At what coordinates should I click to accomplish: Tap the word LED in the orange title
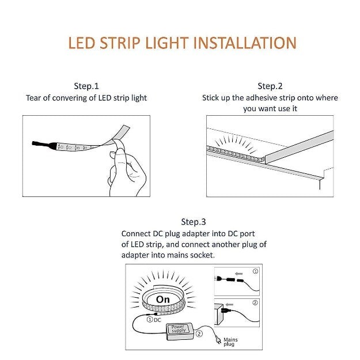[82, 43]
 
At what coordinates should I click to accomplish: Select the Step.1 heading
[86, 86]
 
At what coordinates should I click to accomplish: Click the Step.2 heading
[270, 86]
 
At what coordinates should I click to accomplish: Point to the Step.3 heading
[194, 222]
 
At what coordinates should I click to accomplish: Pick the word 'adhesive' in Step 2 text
[262, 98]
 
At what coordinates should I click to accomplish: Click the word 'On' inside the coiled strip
[163, 300]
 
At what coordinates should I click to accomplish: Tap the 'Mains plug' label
[230, 342]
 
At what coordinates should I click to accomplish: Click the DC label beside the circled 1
[157, 320]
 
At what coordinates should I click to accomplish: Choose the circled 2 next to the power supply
[199, 334]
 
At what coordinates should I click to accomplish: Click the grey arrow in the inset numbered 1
[239, 274]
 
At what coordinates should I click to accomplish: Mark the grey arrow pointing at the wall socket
[229, 305]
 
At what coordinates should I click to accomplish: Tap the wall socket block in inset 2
[219, 314]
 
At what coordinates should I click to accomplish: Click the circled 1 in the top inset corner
[255, 271]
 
